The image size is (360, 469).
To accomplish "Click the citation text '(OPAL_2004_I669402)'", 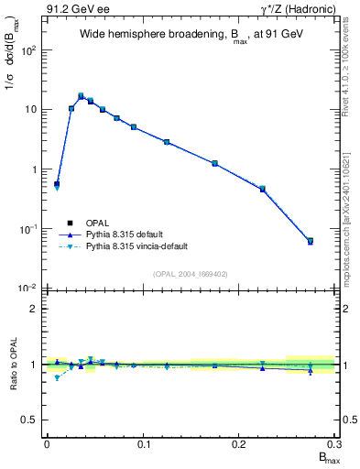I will tap(191, 273).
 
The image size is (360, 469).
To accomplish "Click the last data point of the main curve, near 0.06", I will tap(310, 241).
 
